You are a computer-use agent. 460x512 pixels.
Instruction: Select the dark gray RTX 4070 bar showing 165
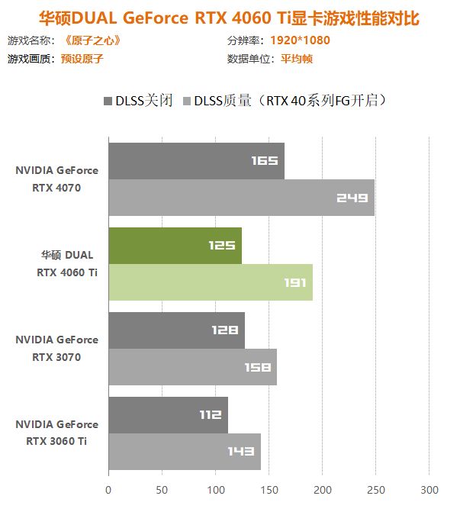point(196,161)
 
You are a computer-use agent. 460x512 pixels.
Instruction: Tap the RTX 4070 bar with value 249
point(241,198)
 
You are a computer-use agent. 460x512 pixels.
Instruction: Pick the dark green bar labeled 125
point(175,246)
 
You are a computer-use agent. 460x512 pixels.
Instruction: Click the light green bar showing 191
point(210,282)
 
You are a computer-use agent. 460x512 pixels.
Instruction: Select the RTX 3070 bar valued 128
point(176,330)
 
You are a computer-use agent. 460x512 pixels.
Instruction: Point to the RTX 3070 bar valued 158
point(192,367)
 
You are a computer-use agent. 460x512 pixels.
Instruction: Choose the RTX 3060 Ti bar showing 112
point(168,415)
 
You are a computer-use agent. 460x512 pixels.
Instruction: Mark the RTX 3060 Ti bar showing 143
point(185,452)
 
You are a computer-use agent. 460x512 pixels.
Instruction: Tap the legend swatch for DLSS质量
point(187,101)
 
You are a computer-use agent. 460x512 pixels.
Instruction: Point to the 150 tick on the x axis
point(269,489)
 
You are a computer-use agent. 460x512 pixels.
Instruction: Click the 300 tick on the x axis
point(429,489)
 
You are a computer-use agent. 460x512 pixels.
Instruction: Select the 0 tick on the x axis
point(108,489)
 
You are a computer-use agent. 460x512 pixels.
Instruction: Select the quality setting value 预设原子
point(82,59)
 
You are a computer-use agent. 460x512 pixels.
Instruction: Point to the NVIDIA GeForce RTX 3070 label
point(57,348)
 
